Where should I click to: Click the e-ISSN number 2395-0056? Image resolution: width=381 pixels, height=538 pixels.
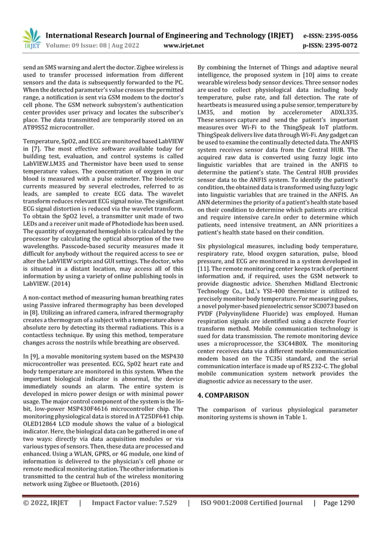(341, 35)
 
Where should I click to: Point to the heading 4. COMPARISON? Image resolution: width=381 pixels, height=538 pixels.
(223, 395)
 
